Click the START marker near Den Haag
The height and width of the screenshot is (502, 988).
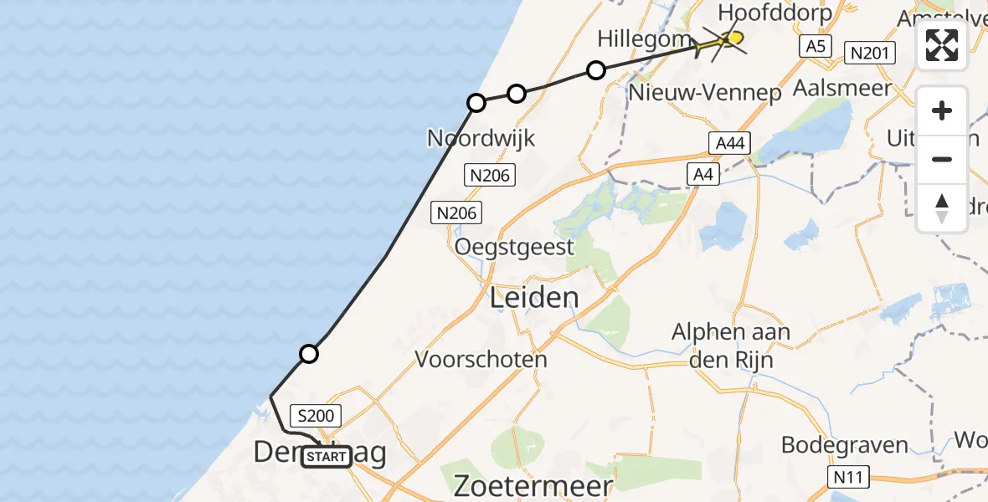click(327, 457)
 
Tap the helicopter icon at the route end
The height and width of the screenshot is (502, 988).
click(720, 42)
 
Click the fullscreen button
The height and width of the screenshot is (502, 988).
click(942, 45)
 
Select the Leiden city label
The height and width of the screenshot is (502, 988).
click(533, 297)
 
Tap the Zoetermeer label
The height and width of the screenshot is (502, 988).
click(533, 485)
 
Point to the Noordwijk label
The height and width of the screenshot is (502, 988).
click(481, 137)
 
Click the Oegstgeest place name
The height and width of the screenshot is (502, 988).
click(514, 247)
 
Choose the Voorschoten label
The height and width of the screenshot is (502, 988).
click(481, 360)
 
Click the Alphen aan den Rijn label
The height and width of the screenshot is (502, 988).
click(731, 346)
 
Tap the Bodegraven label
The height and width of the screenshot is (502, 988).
click(845, 444)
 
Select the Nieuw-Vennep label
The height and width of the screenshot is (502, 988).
click(704, 93)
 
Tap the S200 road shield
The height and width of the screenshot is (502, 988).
click(316, 415)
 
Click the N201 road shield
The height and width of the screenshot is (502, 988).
click(869, 54)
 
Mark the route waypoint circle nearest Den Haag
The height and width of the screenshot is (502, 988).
click(309, 354)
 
